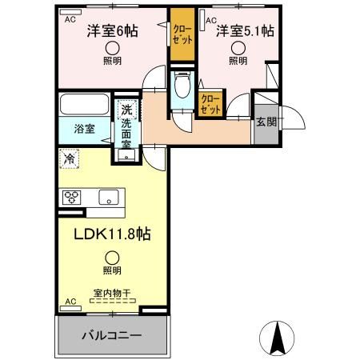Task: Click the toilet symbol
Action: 182,85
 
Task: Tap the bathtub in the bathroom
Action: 85,104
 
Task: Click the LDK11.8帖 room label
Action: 112,234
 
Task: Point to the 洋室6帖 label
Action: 112,31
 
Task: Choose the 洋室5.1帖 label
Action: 245,31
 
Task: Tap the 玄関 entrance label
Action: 266,122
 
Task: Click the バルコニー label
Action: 111,335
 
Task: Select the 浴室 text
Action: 84,129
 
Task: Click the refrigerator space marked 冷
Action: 70,159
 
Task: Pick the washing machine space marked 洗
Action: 127,110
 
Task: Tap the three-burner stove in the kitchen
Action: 71,198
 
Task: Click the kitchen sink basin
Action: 109,198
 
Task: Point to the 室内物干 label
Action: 112,294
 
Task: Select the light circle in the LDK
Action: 112,258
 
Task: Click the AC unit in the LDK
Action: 70,308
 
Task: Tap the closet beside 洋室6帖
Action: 182,34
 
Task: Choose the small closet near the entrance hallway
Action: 210,104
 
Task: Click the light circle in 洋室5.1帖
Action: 238,48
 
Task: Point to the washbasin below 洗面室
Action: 126,154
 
